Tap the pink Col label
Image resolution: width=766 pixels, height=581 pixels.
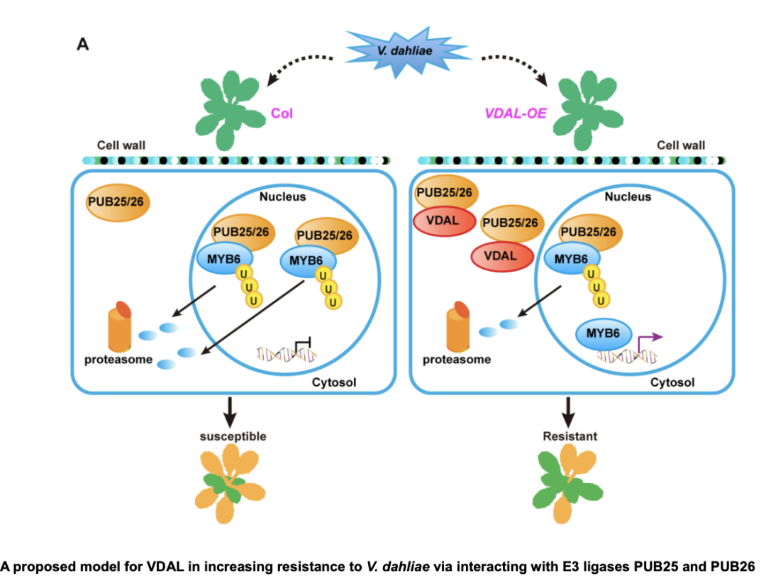point(282,113)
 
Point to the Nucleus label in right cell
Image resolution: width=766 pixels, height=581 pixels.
point(628,197)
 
